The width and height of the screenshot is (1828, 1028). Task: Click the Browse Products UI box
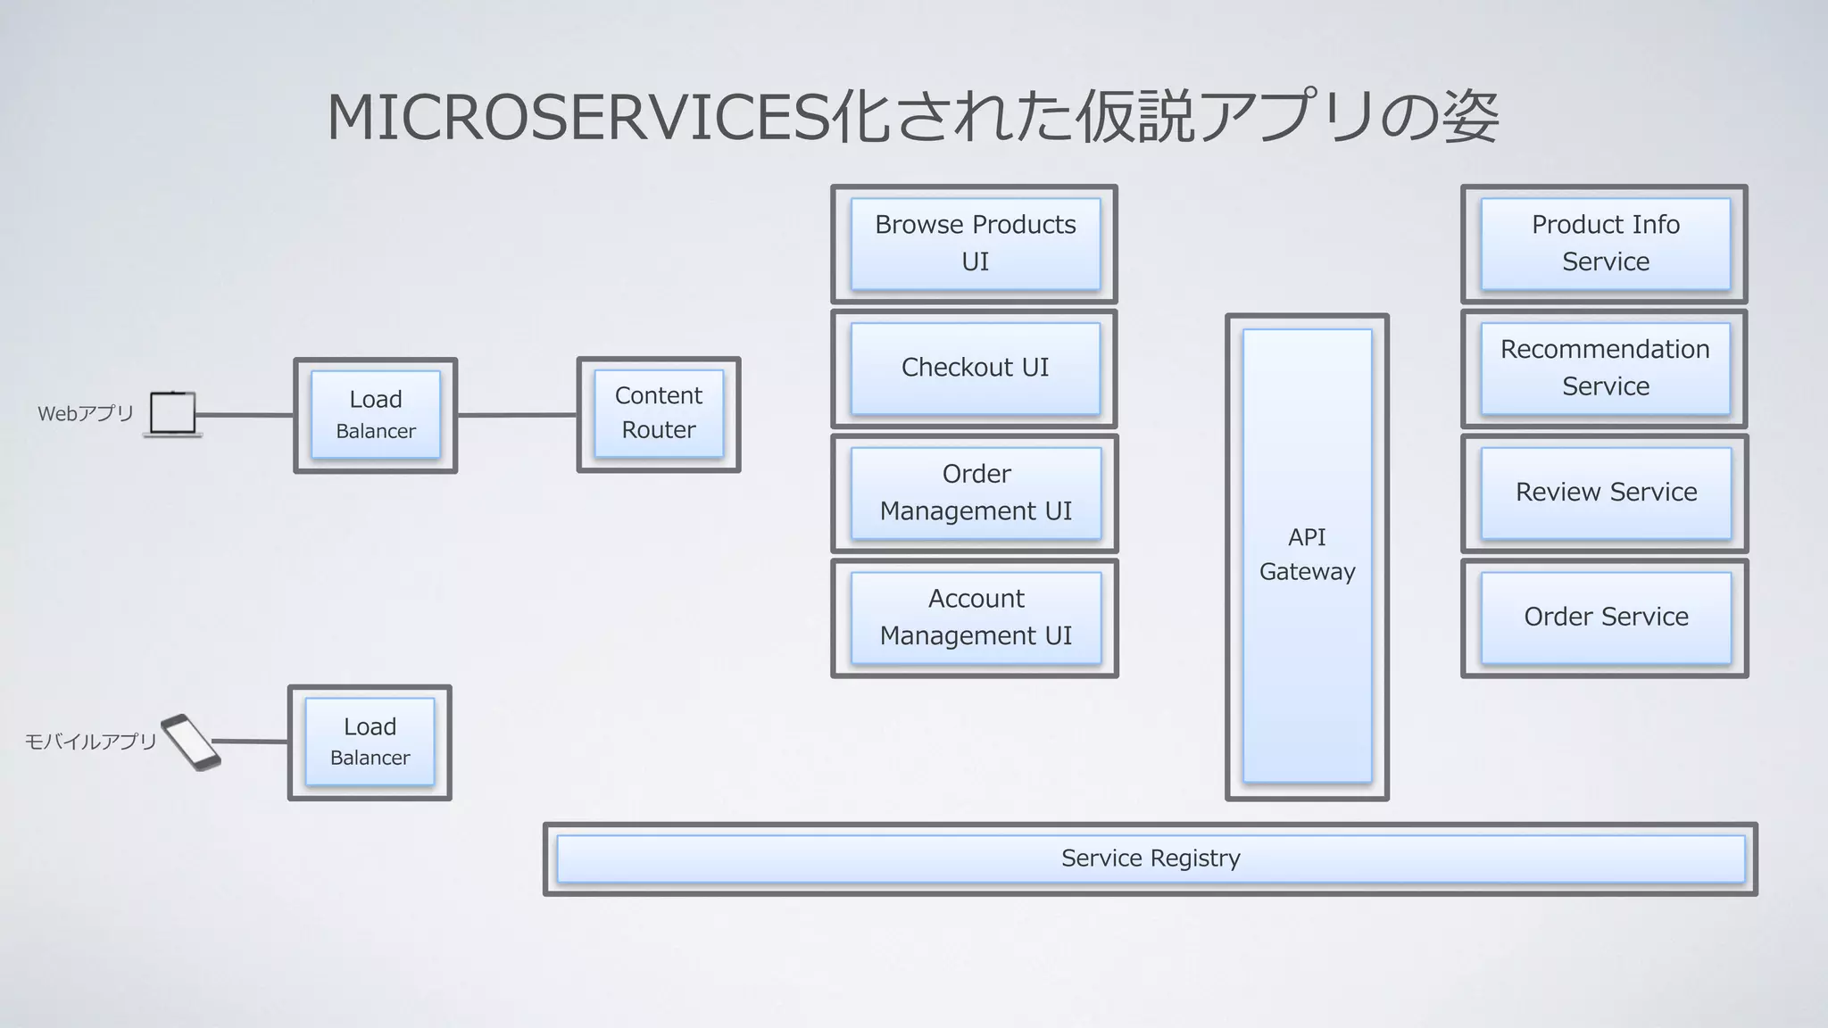tap(975, 244)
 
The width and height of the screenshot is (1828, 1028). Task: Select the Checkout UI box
tap(975, 368)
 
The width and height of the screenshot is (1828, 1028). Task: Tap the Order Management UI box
tap(975, 493)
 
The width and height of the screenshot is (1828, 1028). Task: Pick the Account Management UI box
tap(975, 618)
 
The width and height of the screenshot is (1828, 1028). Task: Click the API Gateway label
tap(1307, 554)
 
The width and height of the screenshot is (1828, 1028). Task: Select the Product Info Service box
tap(1605, 244)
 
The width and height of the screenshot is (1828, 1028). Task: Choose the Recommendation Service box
tap(1605, 368)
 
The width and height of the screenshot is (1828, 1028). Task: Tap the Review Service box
tap(1605, 493)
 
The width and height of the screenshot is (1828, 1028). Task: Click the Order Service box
tap(1605, 618)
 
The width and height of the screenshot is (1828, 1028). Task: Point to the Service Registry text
tap(1151, 858)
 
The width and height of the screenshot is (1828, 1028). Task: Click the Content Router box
tap(659, 414)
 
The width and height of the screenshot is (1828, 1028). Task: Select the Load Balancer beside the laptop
tap(376, 415)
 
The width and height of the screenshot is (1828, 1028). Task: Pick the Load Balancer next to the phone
tap(370, 742)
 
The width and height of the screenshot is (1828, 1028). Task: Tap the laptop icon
tap(172, 414)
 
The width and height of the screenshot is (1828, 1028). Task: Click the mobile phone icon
tap(191, 742)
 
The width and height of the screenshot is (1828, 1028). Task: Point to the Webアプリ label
tap(86, 414)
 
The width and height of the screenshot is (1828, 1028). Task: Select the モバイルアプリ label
tap(90, 742)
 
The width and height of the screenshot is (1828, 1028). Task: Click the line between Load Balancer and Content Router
tap(517, 415)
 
